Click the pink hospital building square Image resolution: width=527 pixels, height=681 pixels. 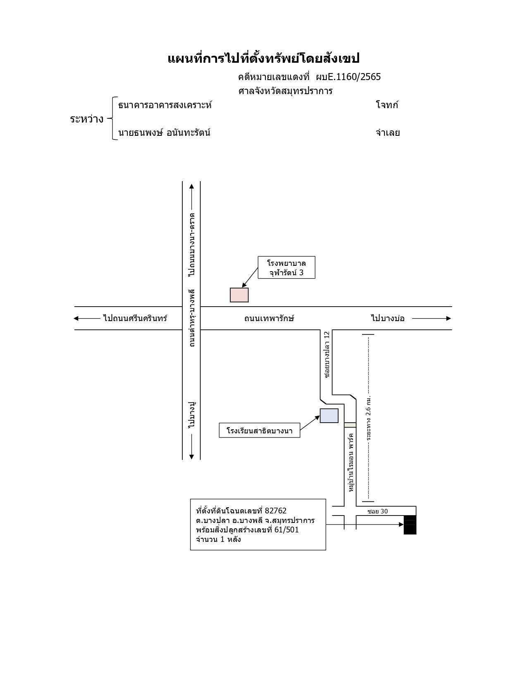coord(239,295)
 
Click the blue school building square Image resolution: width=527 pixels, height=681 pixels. coord(329,416)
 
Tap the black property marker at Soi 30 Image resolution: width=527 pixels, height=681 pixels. coord(410,525)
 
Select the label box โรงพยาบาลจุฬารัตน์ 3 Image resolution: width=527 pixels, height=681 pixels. coord(286,267)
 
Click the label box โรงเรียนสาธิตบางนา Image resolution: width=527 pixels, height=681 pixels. coord(260,430)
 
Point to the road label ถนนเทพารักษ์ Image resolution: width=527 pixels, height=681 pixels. coord(269,318)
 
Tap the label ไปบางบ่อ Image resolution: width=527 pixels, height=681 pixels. coord(388,318)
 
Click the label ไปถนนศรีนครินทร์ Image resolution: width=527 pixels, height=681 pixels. coord(135,318)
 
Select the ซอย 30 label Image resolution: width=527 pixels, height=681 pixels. coord(378,511)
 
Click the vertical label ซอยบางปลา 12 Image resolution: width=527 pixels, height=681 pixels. coord(327,355)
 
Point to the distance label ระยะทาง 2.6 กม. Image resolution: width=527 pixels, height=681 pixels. coord(369,418)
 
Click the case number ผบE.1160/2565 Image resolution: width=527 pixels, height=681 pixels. coord(348,77)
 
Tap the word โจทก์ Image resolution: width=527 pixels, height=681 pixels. coord(387,105)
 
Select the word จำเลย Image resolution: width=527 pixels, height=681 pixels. coord(388,132)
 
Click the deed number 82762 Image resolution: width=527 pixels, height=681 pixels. coord(276,511)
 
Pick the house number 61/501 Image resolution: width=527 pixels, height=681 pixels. coord(286,530)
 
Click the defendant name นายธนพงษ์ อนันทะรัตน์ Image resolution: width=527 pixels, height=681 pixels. coord(164,132)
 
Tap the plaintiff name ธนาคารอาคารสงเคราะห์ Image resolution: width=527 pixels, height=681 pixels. coord(165,105)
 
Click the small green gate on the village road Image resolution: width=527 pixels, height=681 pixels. coord(350,425)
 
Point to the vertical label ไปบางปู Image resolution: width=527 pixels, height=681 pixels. coord(192,415)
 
